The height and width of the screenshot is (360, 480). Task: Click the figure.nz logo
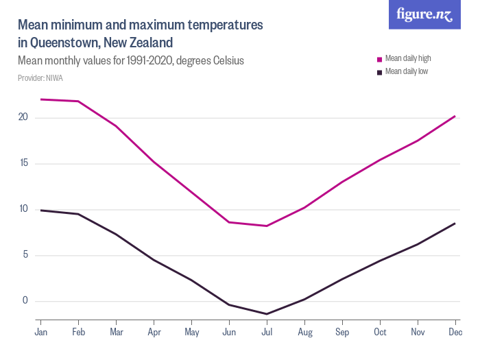pos(424,15)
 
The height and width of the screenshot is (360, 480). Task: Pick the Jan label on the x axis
pos(40,333)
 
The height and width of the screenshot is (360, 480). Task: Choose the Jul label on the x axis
pos(267,333)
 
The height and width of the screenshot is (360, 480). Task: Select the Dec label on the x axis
pos(455,333)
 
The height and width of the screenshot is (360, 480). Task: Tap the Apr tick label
pos(154,333)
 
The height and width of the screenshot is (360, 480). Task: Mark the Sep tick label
pos(342,333)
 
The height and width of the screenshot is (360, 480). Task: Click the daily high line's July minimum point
pos(267,226)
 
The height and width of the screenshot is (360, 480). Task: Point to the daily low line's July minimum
pos(267,314)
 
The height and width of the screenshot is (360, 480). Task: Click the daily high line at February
pos(78,101)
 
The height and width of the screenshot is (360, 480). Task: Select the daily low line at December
pos(455,223)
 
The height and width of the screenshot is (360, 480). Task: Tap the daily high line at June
pos(229,222)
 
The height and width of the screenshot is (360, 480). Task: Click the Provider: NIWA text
pos(40,78)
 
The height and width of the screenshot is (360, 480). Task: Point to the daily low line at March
pos(116,235)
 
